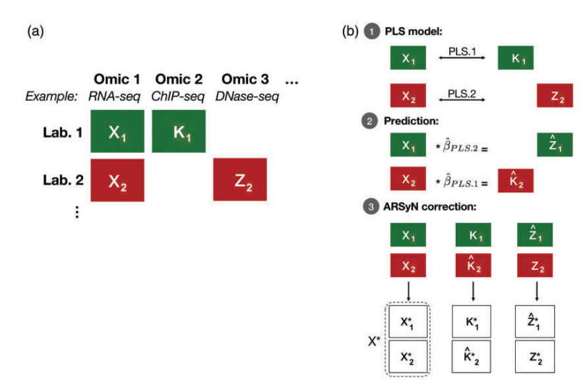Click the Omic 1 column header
[x=117, y=79]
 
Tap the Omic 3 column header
[x=245, y=79]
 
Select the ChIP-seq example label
[x=178, y=96]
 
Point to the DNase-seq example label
[x=247, y=96]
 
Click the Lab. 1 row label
[x=63, y=133]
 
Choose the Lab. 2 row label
[x=63, y=180]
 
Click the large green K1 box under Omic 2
[x=179, y=131]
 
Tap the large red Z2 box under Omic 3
[x=240, y=179]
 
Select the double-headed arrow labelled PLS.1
[x=462, y=57]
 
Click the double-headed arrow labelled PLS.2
[x=462, y=100]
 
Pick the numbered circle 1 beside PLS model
[x=372, y=32]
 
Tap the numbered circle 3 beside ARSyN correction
[x=371, y=206]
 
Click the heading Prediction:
[x=411, y=121]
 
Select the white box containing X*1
[x=408, y=322]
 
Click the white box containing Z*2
[x=535, y=357]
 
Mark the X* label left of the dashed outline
[x=374, y=341]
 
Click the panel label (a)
[x=36, y=31]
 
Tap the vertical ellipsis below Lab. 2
[x=77, y=212]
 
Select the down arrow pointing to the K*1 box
[x=473, y=291]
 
